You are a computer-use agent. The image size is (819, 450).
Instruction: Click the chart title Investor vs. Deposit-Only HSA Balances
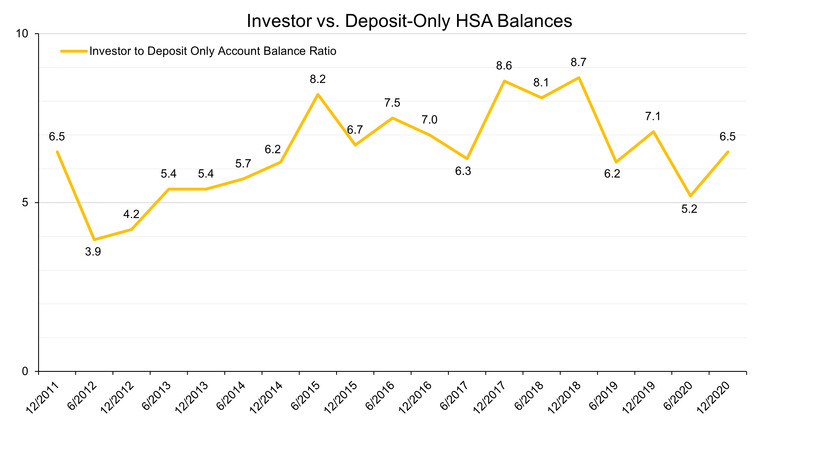[x=409, y=21]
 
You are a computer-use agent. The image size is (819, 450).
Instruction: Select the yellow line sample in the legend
[x=74, y=51]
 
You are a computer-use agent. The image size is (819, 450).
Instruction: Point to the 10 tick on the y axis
[x=22, y=33]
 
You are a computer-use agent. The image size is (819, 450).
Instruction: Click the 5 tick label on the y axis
[x=25, y=202]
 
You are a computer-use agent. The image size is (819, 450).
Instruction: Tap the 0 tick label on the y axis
[x=25, y=371]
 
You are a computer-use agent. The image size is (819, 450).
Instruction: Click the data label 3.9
[x=93, y=252]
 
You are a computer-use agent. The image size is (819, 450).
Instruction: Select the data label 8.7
[x=578, y=62]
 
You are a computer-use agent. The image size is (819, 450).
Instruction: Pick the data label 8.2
[x=318, y=79]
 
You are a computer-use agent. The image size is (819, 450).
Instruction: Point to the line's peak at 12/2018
[x=579, y=78]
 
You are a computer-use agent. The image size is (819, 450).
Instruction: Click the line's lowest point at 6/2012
[x=94, y=239]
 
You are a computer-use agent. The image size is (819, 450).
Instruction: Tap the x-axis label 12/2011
[x=42, y=398]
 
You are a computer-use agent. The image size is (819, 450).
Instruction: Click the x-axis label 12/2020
[x=713, y=398]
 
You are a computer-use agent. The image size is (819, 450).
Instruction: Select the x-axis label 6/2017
[x=454, y=396]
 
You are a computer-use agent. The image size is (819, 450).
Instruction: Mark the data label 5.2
[x=689, y=209]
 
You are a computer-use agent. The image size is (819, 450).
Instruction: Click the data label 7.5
[x=392, y=103]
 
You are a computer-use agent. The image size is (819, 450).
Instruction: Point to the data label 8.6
[x=504, y=66]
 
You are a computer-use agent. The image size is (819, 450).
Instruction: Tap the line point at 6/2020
[x=691, y=196]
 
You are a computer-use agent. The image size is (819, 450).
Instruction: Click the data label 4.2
[x=131, y=214]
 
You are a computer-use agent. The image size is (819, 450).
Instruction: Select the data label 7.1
[x=653, y=117]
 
